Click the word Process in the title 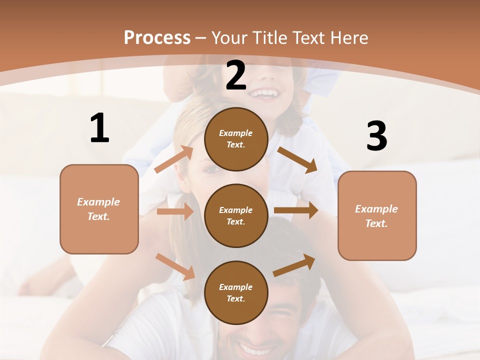click(157, 37)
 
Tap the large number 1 click(99, 128)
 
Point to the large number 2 click(236, 75)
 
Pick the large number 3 click(376, 136)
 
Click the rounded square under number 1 click(99, 209)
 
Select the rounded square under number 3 click(377, 215)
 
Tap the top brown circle click(236, 139)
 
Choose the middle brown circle click(236, 215)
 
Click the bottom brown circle click(236, 292)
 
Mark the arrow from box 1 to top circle click(174, 159)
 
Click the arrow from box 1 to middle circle click(175, 211)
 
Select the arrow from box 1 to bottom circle click(175, 266)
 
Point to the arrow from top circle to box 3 click(297, 159)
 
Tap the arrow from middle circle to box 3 click(296, 210)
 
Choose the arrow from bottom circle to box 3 click(294, 265)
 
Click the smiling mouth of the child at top click(265, 93)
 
